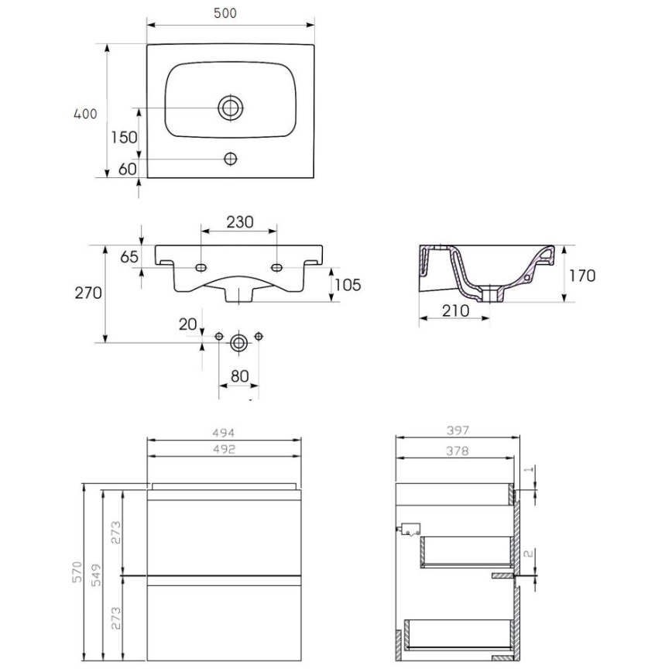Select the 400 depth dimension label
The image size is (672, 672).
[x=84, y=114]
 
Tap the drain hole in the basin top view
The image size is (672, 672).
[x=230, y=107]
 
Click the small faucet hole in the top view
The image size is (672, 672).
[x=230, y=159]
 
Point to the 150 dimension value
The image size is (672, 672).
[x=123, y=138]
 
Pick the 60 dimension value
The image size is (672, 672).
[x=127, y=169]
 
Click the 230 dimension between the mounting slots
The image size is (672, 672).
[x=239, y=222]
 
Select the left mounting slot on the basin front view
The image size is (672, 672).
[x=201, y=267]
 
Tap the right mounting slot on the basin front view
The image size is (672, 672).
[x=276, y=267]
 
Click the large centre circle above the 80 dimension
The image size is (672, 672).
[x=238, y=341]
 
